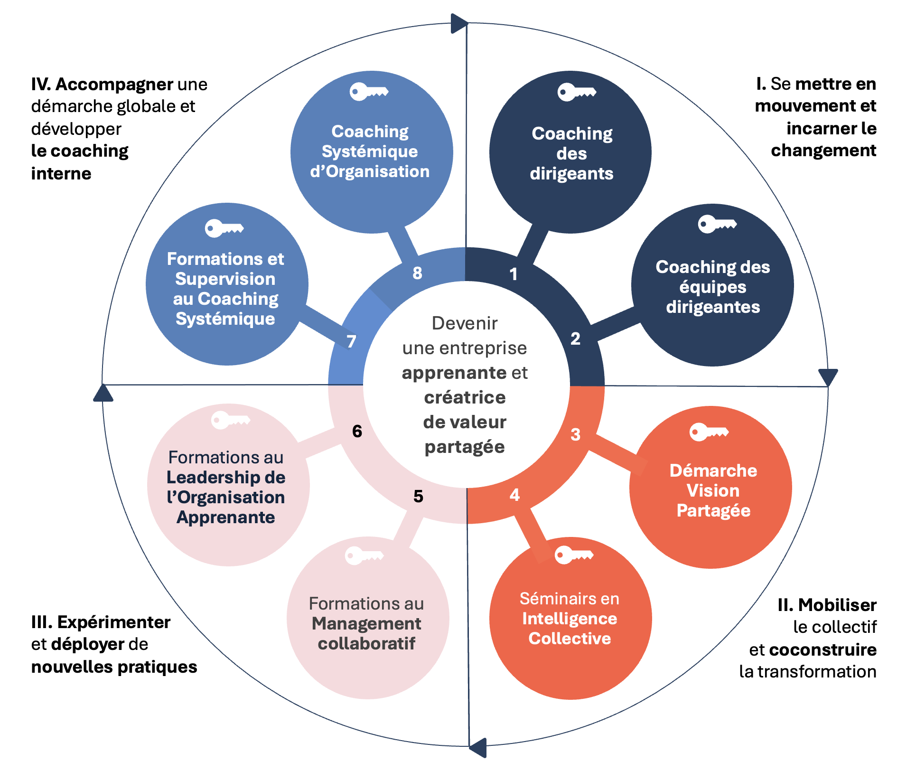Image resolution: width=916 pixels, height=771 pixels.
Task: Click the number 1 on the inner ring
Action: (x=513, y=274)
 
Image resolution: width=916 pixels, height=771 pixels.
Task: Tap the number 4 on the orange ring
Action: (x=514, y=495)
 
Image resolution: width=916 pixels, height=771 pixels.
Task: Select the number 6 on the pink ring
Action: (x=357, y=431)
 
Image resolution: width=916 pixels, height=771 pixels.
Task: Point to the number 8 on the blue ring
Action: (x=417, y=273)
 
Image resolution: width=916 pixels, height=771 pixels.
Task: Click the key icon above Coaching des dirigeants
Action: (x=576, y=92)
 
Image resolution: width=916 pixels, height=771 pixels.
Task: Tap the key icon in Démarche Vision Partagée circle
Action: (x=709, y=432)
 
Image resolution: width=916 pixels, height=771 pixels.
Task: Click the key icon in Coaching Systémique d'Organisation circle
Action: (x=369, y=92)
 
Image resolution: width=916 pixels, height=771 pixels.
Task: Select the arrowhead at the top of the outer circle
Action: (x=458, y=23)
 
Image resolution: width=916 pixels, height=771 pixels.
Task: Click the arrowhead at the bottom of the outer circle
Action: (x=478, y=747)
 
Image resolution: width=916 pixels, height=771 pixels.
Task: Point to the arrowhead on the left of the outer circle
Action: (x=103, y=393)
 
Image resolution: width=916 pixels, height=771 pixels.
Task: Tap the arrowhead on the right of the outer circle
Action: (x=828, y=377)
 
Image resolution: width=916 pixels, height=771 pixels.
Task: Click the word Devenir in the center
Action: (x=465, y=323)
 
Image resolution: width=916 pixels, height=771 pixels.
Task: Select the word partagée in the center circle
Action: (x=465, y=447)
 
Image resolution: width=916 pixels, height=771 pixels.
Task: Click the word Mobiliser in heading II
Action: (x=837, y=605)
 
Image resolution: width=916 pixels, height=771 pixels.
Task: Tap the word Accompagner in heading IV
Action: (x=114, y=84)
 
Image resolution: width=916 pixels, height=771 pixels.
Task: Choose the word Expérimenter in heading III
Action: (x=113, y=622)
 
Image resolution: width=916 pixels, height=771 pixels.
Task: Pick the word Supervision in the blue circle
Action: (x=225, y=279)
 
